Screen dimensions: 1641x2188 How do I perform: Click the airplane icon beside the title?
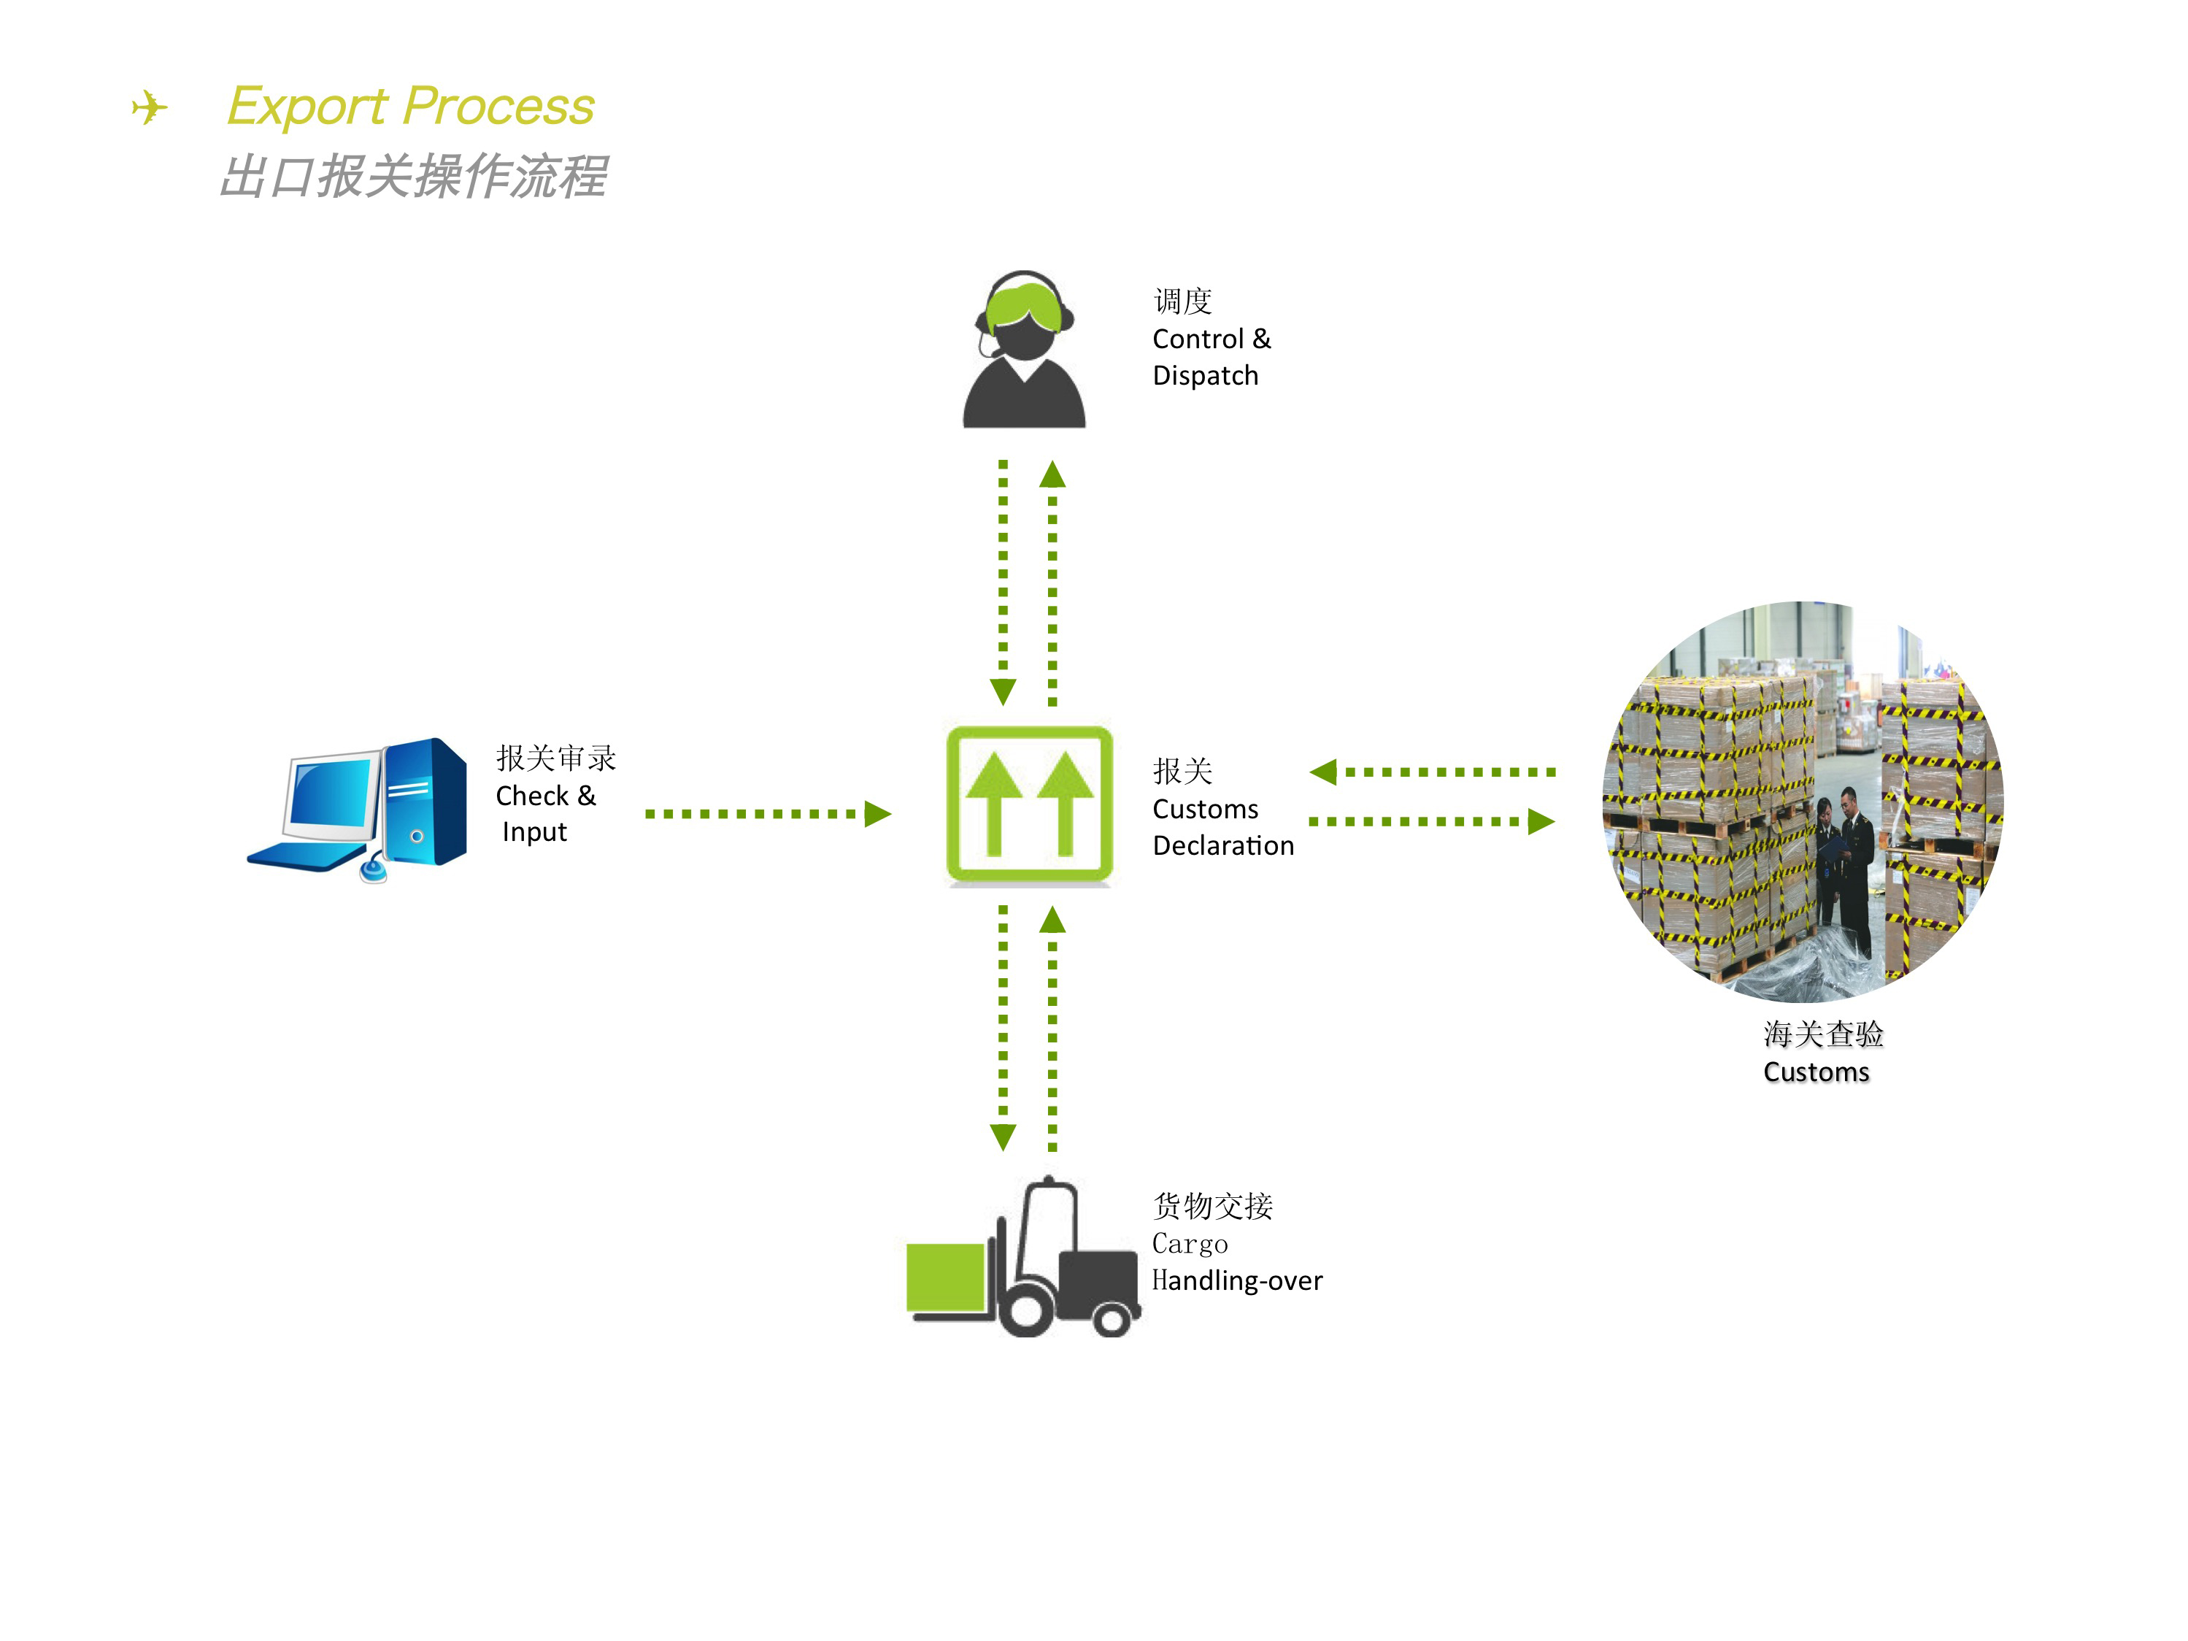point(150,107)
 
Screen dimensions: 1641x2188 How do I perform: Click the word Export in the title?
point(307,107)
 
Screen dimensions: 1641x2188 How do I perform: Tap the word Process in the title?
point(498,105)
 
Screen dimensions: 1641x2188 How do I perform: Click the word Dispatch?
point(1205,376)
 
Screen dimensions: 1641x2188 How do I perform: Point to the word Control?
point(1197,339)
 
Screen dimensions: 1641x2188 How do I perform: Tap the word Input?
point(534,832)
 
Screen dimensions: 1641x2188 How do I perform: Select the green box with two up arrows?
point(1029,804)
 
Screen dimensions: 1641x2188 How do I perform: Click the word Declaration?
point(1222,846)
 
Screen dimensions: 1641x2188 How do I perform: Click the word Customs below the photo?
point(1816,1072)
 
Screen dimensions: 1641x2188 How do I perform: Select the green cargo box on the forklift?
point(944,1277)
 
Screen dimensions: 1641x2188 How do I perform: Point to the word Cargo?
point(1190,1245)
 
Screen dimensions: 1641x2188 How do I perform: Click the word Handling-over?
point(1236,1281)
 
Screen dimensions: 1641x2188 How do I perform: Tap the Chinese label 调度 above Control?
point(1182,301)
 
